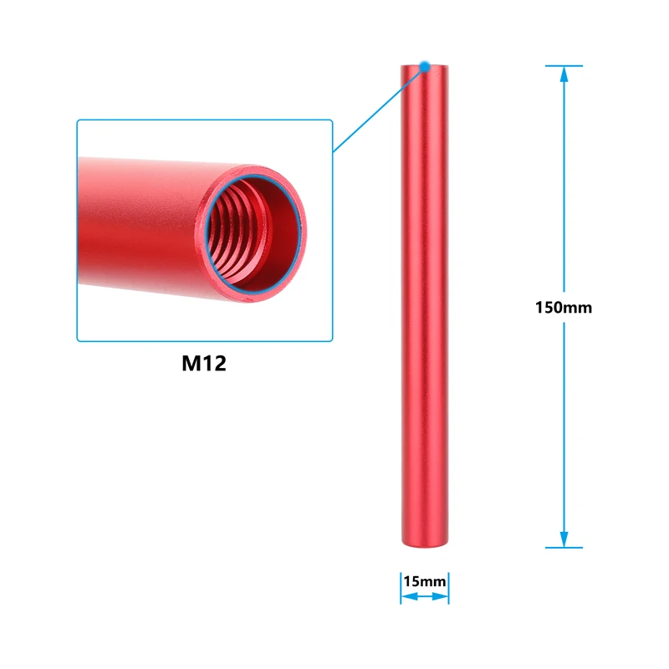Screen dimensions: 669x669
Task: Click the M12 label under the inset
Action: pos(204,364)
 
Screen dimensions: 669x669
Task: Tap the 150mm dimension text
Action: pos(564,307)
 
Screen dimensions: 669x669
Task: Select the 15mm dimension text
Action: pos(424,580)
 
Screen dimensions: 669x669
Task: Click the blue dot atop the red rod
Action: pos(425,64)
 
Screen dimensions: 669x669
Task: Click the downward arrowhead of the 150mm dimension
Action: pos(564,539)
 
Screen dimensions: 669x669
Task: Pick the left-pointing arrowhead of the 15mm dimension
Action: pos(406,597)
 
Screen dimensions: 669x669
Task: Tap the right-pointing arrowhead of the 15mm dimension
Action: pos(442,597)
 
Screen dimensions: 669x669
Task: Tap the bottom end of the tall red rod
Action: pos(425,544)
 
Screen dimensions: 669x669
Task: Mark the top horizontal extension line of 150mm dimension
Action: pos(564,65)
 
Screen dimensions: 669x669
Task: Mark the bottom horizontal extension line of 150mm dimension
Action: pos(564,548)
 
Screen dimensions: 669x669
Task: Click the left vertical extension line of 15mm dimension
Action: pos(401,587)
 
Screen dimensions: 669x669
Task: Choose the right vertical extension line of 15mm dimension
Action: pos(449,587)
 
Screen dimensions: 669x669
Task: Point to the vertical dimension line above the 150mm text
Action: pos(564,184)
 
